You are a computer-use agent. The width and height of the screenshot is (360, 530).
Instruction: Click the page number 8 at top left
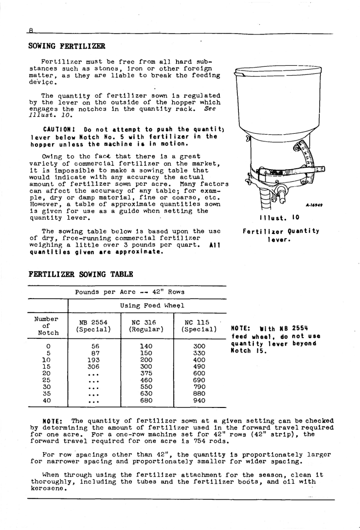(31, 30)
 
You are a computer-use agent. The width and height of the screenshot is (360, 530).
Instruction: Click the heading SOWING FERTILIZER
(67, 46)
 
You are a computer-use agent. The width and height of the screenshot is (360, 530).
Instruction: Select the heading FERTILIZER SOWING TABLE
(81, 274)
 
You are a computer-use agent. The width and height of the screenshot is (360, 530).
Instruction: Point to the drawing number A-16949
(314, 205)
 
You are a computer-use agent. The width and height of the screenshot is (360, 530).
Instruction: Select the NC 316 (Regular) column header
(146, 326)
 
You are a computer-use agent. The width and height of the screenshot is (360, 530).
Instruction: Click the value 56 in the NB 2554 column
(95, 346)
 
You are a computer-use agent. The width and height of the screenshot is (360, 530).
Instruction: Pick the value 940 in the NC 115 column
(199, 400)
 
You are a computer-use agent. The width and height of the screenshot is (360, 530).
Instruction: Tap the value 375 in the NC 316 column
(146, 373)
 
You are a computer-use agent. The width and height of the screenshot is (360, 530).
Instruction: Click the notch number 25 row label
(47, 380)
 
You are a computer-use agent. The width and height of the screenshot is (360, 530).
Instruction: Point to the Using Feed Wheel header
(152, 305)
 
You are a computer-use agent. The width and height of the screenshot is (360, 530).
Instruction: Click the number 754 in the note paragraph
(200, 441)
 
